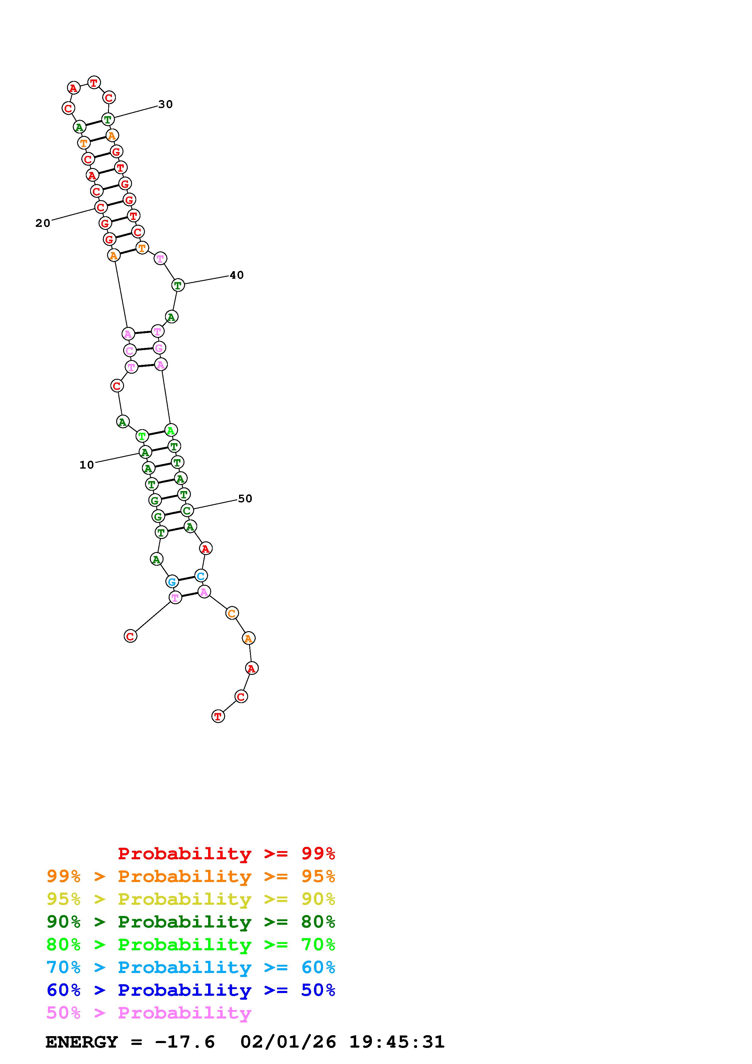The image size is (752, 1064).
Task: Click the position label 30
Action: pyautogui.click(x=165, y=104)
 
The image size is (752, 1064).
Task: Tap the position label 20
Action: pyautogui.click(x=43, y=223)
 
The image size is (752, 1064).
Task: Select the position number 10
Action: pyautogui.click(x=87, y=465)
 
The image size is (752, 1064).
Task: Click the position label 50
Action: pyautogui.click(x=245, y=499)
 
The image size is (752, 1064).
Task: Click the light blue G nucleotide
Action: pyautogui.click(x=172, y=581)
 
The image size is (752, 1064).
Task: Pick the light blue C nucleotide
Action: pyautogui.click(x=201, y=576)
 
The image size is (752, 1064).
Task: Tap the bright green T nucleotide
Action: pyautogui.click(x=142, y=436)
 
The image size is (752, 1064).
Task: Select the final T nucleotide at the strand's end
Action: pyautogui.click(x=218, y=716)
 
